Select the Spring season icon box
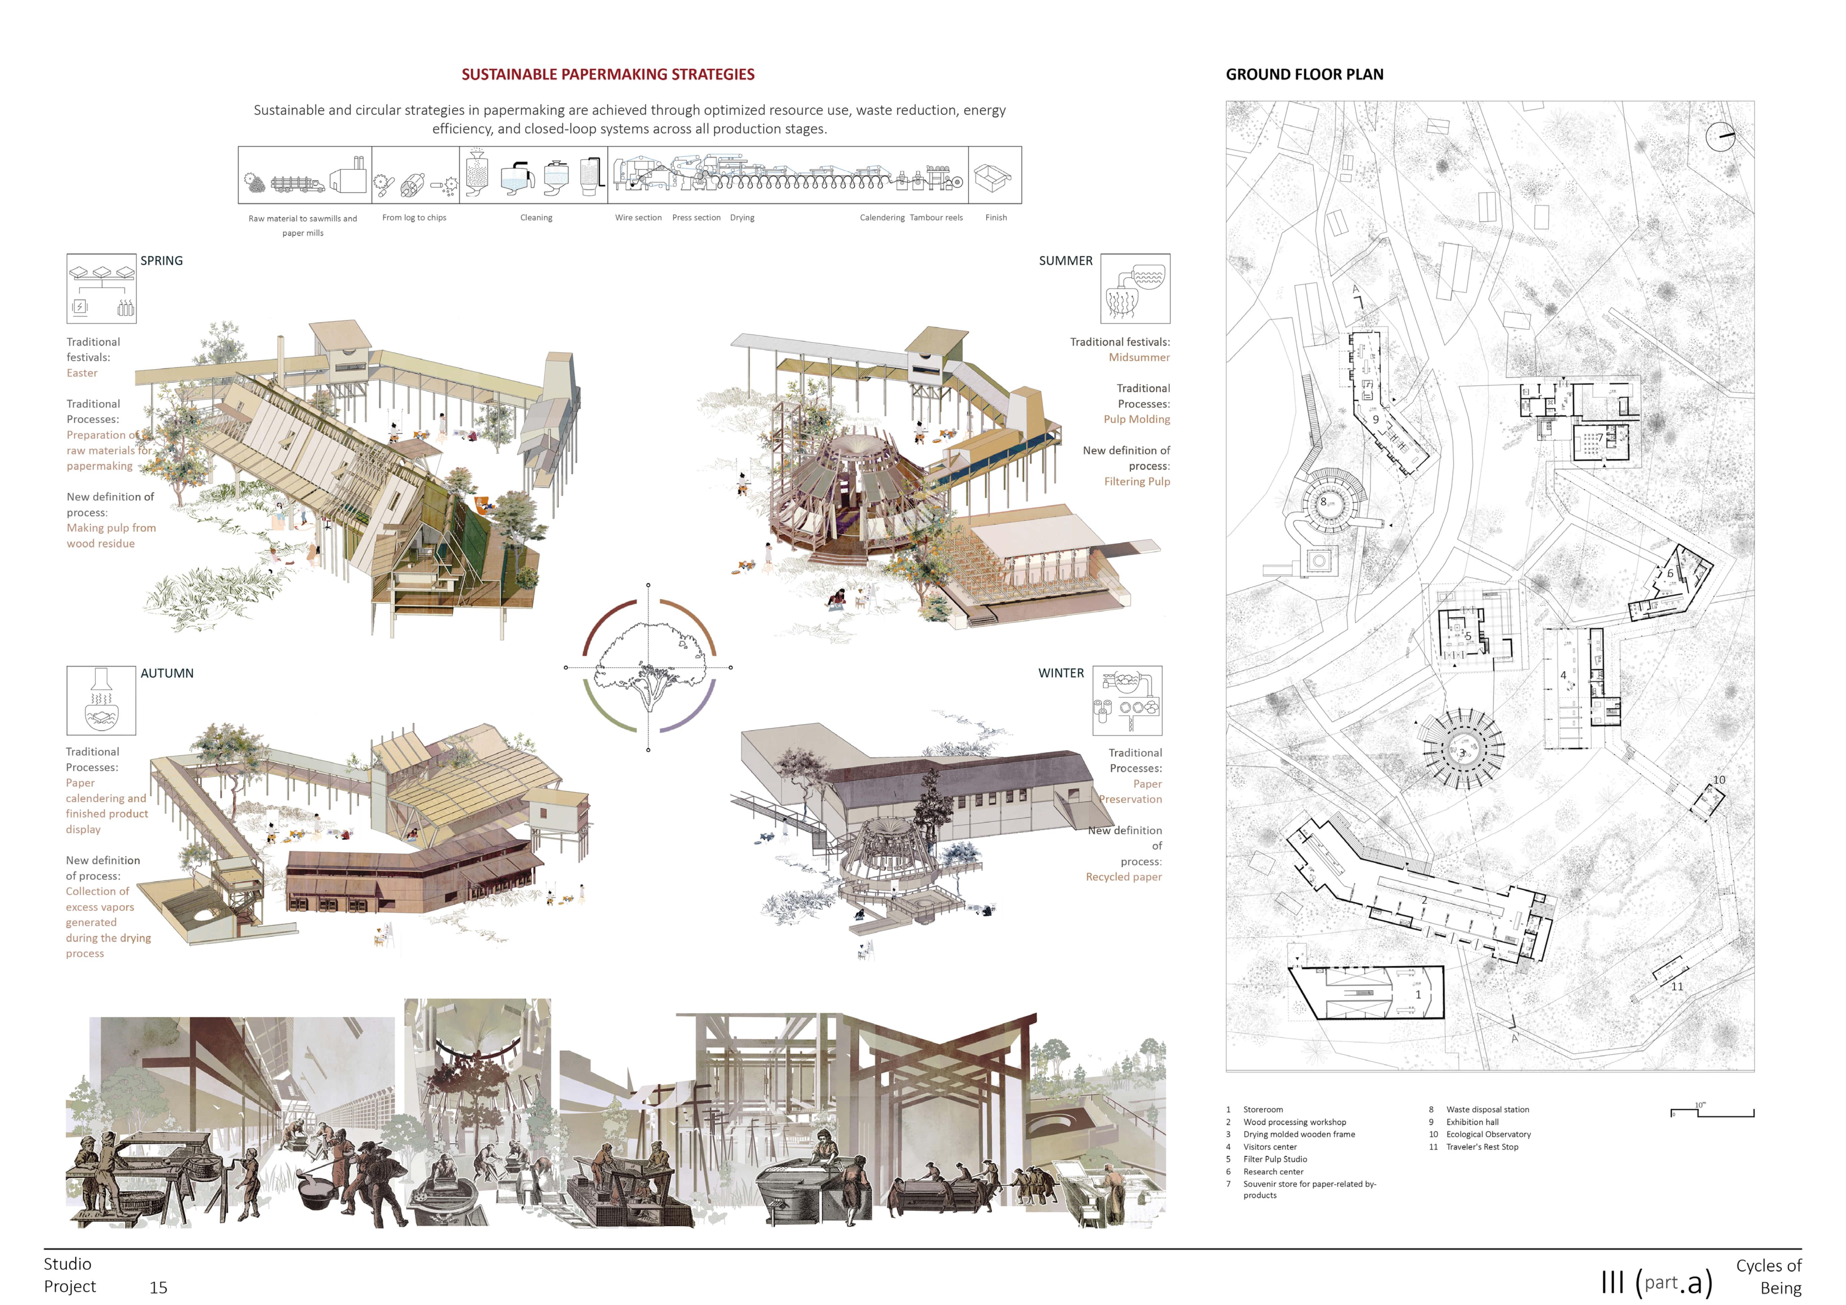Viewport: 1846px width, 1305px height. pyautogui.click(x=101, y=289)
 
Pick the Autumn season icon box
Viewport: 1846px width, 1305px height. pyautogui.click(x=101, y=700)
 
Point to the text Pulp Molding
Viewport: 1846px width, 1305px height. pyautogui.click(x=1136, y=419)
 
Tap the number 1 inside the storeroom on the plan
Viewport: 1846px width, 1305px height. pyautogui.click(x=1417, y=995)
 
